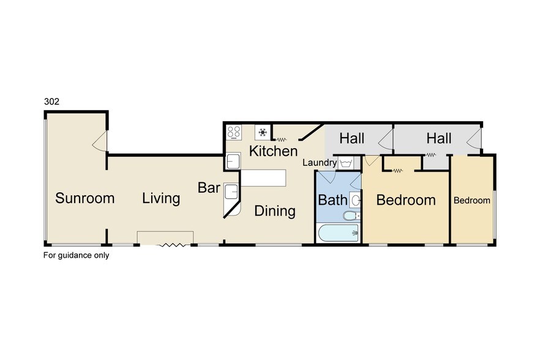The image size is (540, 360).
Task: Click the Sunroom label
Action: pos(84,198)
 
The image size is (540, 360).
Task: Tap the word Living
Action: pos(161,199)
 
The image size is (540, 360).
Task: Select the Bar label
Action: pos(209,188)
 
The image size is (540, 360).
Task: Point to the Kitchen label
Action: pos(274,151)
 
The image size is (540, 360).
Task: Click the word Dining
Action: pos(275,211)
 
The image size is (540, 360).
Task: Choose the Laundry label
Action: pos(320,163)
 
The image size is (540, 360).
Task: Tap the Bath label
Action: pos(332,200)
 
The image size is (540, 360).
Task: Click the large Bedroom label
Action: pos(406,200)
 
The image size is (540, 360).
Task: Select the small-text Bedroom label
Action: pos(472,200)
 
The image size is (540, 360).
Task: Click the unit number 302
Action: pos(51,101)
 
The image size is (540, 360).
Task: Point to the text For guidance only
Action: pos(76,255)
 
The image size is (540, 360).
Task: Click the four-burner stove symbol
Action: pos(234,132)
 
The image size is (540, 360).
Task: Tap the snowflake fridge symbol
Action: pos(263,132)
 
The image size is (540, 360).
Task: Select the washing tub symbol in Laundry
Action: pos(345,163)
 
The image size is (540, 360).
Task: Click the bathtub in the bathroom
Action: pos(339,233)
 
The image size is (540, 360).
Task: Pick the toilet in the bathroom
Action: pos(351,216)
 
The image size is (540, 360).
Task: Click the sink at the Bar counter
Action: pos(231,192)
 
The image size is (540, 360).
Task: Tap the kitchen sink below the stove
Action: pos(233,162)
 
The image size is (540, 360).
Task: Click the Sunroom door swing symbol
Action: pos(100,141)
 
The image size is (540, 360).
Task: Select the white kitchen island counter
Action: pos(263,178)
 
